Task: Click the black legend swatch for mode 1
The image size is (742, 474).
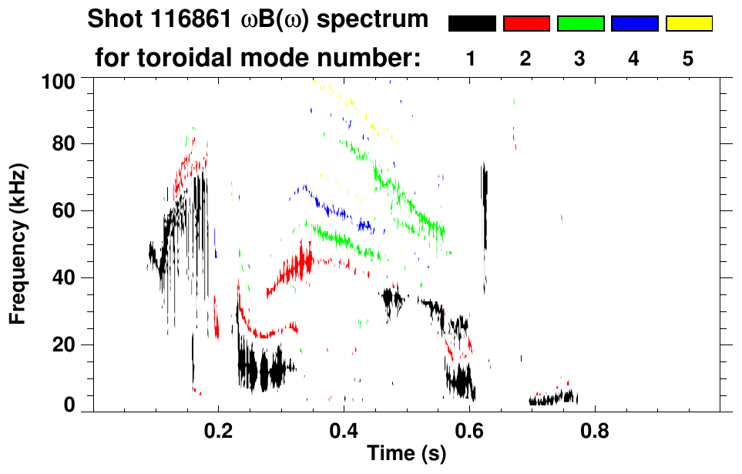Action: (472, 24)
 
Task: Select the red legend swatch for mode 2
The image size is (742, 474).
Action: (526, 24)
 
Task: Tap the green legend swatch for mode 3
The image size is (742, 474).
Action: (580, 24)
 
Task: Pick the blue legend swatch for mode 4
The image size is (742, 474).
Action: (634, 24)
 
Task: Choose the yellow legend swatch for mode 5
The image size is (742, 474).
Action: (688, 24)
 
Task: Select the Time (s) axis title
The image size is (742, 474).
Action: (406, 455)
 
